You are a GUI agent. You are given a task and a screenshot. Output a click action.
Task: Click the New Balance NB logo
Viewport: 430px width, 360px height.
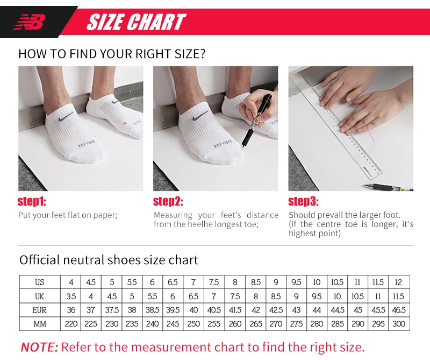pyautogui.click(x=30, y=22)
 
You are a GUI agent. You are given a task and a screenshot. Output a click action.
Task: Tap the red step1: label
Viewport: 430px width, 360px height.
pyautogui.click(x=32, y=201)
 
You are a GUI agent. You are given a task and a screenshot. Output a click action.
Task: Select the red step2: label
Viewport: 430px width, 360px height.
pyautogui.click(x=168, y=201)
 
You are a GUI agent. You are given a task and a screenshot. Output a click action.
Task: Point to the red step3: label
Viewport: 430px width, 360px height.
pyautogui.click(x=303, y=201)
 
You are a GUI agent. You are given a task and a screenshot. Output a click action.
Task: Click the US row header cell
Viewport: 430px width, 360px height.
pyautogui.click(x=40, y=282)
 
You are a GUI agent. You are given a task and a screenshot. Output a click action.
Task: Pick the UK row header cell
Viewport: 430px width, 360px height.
pyautogui.click(x=40, y=296)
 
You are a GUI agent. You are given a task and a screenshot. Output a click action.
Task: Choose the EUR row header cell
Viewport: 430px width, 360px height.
pyautogui.click(x=40, y=310)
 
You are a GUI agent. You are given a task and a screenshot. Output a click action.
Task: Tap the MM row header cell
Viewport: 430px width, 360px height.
pyautogui.click(x=40, y=324)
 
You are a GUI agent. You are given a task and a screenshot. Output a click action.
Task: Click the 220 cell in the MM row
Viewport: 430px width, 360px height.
pyautogui.click(x=71, y=324)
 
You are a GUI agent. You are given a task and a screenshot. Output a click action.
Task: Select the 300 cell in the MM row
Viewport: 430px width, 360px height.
pyautogui.click(x=399, y=324)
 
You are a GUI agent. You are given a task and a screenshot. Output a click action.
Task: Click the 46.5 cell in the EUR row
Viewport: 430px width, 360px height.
pyautogui.click(x=399, y=310)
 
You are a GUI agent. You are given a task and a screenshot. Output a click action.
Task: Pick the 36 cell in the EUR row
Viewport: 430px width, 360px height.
pyautogui.click(x=71, y=310)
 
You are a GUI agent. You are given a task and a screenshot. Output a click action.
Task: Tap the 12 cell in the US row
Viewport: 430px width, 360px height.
pyautogui.click(x=399, y=282)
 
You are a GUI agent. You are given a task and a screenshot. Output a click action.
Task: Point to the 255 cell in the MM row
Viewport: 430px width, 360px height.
pyautogui.click(x=214, y=324)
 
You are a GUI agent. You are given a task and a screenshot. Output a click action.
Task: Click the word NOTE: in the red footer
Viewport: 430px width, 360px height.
pyautogui.click(x=39, y=347)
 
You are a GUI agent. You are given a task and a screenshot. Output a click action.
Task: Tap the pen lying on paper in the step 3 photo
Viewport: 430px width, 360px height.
pyautogui.click(x=388, y=187)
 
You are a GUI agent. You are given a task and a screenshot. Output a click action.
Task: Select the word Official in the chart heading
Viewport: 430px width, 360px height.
pyautogui.click(x=39, y=260)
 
